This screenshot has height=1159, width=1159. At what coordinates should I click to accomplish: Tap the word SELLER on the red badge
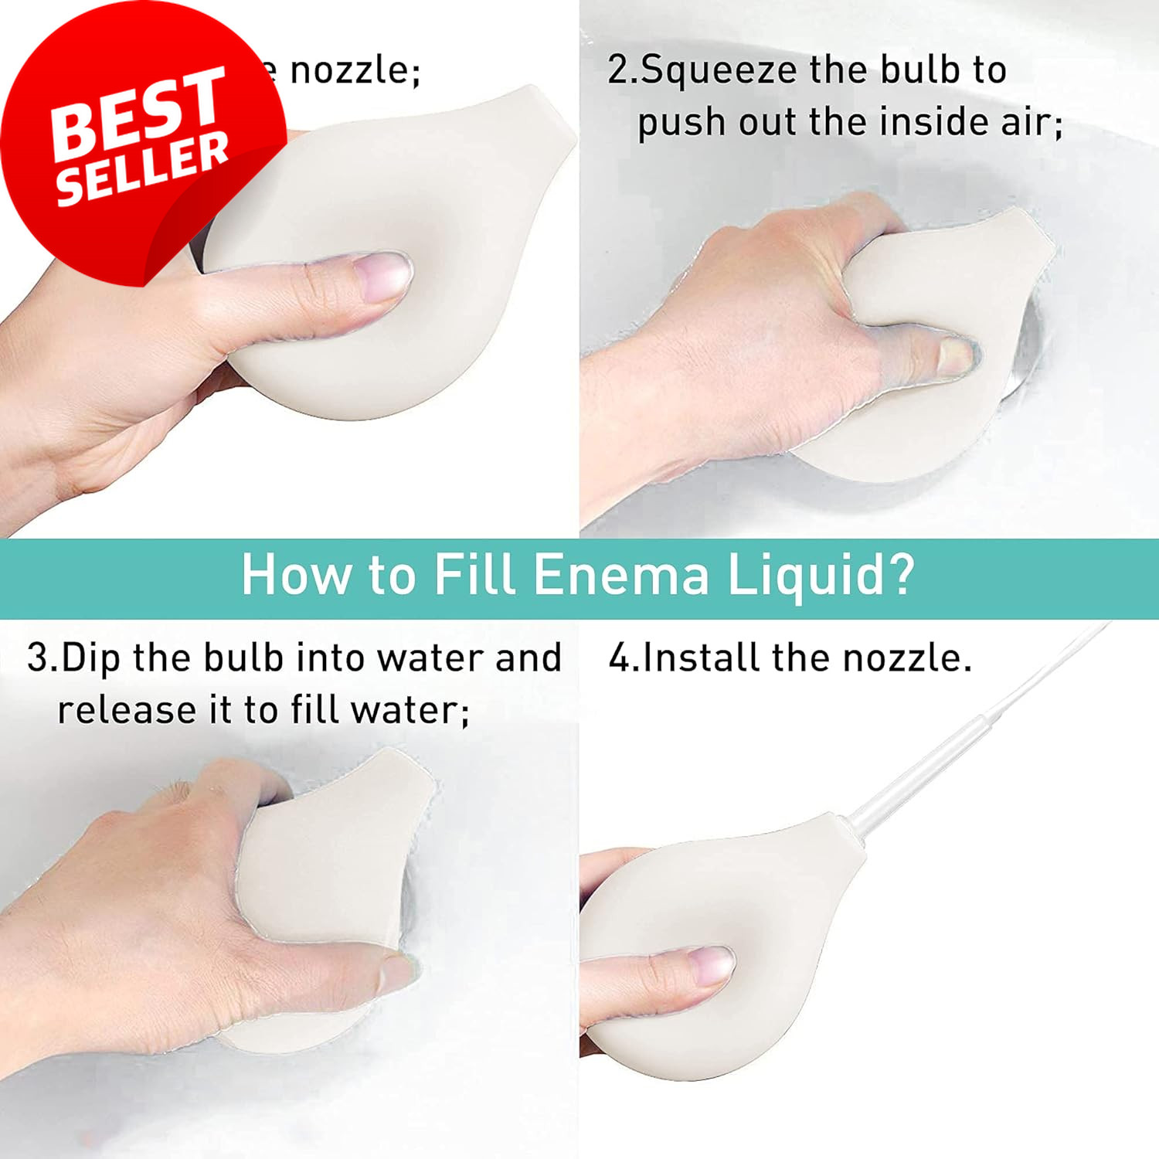[x=143, y=168]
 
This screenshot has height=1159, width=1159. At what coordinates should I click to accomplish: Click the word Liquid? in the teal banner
[x=821, y=575]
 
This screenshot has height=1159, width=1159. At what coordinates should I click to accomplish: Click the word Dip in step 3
[x=91, y=658]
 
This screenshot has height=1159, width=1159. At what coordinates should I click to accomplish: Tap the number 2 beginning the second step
[x=619, y=70]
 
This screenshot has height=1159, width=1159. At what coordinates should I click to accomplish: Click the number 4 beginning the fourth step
[x=620, y=658]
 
